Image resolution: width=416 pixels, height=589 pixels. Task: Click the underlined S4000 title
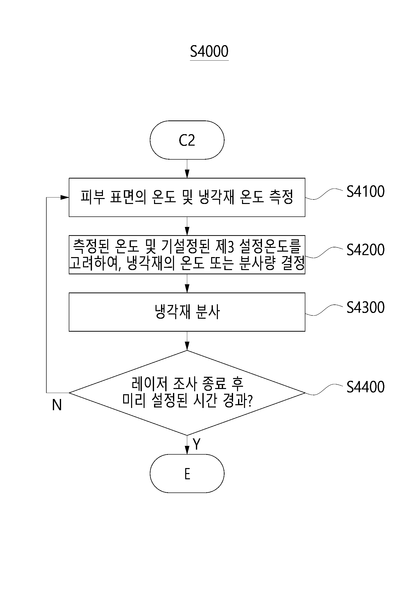click(x=209, y=52)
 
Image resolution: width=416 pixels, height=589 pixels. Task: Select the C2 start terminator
click(x=187, y=140)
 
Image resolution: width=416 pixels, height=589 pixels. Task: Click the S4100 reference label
click(x=365, y=191)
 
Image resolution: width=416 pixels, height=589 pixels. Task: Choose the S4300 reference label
click(x=365, y=307)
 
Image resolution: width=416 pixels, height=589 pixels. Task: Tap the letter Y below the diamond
click(x=196, y=444)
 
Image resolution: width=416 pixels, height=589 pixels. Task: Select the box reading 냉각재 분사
click(x=187, y=312)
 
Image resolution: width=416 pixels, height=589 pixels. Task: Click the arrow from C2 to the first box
click(x=187, y=169)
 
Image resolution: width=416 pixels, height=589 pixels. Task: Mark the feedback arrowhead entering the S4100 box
click(x=65, y=197)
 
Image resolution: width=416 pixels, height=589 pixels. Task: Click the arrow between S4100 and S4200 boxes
click(x=187, y=226)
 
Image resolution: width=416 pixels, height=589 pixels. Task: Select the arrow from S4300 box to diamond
click(x=187, y=341)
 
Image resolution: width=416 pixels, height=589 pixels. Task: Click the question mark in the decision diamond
click(x=250, y=401)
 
